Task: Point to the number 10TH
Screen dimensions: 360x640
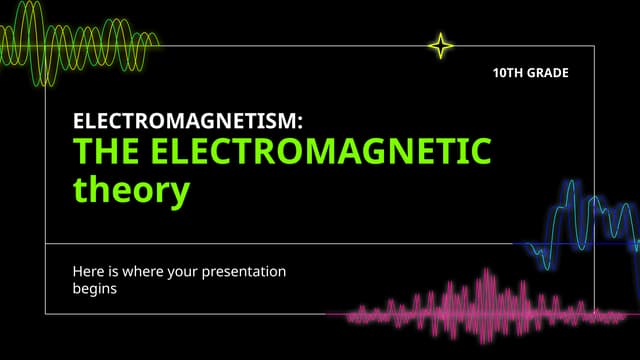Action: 508,73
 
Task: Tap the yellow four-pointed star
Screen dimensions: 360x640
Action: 440,45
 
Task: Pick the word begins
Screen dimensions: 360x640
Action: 95,289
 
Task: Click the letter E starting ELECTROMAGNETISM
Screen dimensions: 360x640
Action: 80,122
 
